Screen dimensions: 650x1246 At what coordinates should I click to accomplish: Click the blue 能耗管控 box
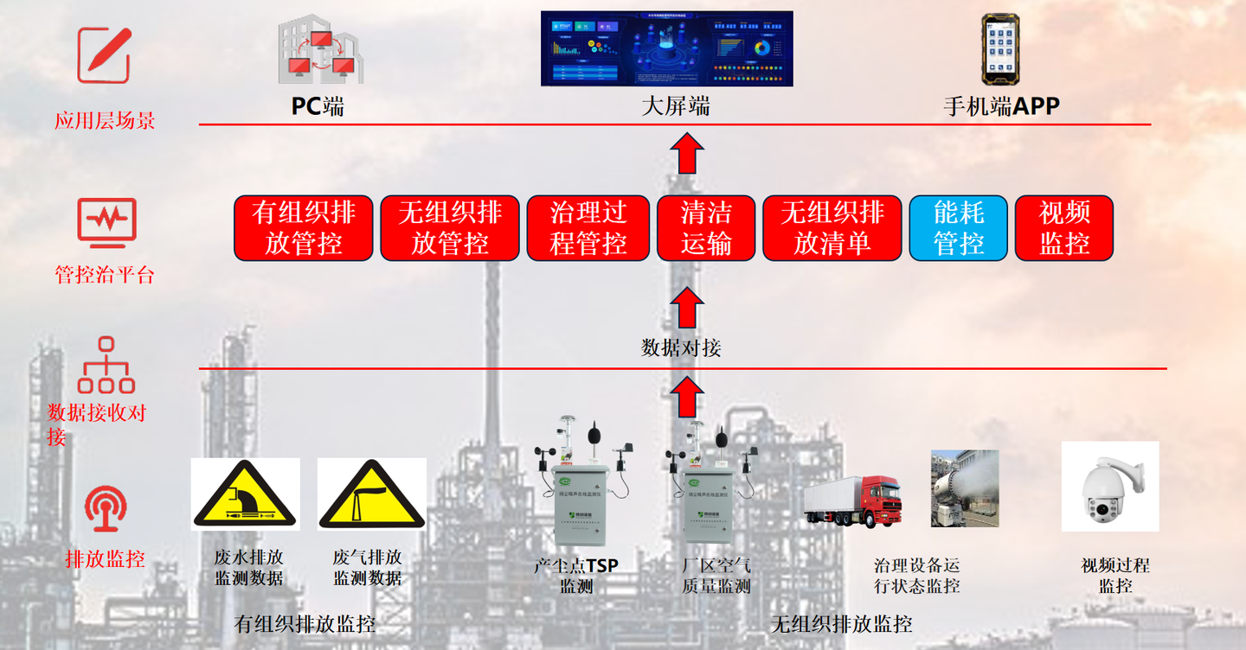(x=958, y=228)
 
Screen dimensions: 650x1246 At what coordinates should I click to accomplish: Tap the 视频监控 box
(x=1063, y=228)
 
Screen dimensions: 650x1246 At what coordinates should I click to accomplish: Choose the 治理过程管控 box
(x=588, y=228)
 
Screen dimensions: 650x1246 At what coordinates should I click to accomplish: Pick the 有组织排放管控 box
(x=304, y=228)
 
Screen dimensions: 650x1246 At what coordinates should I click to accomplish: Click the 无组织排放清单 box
(x=832, y=228)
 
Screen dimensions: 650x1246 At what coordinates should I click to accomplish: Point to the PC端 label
(x=318, y=106)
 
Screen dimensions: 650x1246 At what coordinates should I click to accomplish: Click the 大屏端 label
(x=676, y=106)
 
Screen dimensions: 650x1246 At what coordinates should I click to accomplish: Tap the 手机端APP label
(x=1001, y=106)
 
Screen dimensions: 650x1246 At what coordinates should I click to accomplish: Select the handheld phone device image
(x=1001, y=47)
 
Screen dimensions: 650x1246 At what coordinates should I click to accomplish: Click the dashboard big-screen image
(x=666, y=48)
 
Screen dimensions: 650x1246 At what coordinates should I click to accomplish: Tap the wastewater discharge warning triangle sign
(x=245, y=496)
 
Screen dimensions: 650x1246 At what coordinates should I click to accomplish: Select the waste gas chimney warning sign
(x=372, y=496)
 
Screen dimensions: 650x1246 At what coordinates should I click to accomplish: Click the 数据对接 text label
(x=681, y=347)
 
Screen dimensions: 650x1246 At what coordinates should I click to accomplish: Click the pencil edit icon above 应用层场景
(x=105, y=54)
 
